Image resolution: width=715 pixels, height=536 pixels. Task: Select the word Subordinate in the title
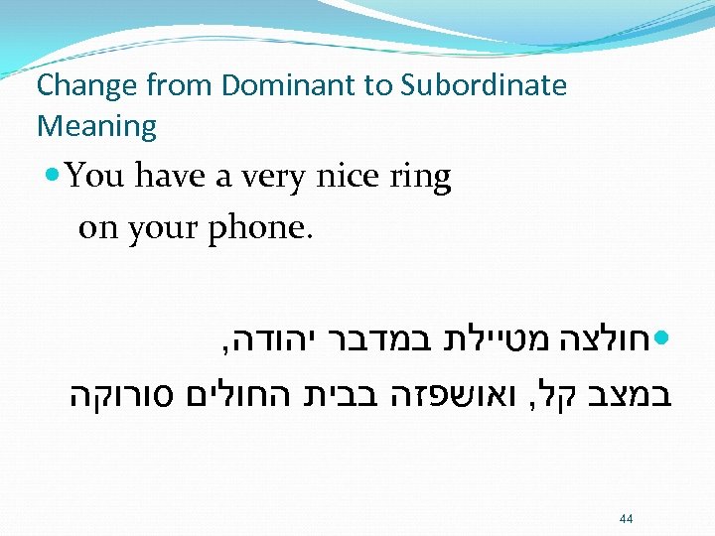point(484,86)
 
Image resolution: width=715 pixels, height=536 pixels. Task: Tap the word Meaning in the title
point(96,127)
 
